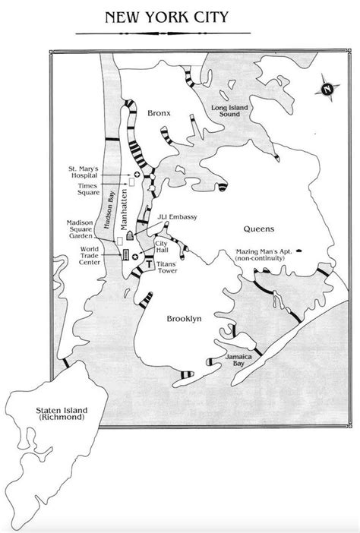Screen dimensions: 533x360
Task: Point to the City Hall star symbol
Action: coord(135,258)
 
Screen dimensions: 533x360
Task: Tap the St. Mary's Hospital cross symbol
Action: coord(137,175)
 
